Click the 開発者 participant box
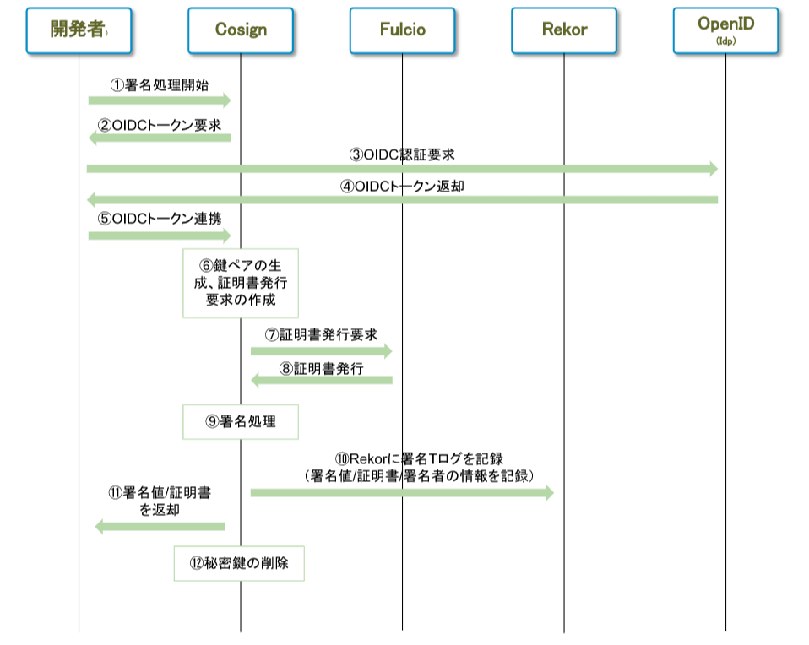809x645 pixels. (79, 30)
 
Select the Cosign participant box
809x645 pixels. (241, 30)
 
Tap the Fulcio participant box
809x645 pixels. (402, 30)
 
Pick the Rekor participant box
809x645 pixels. (564, 30)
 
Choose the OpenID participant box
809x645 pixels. (725, 30)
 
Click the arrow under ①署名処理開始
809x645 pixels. (159, 100)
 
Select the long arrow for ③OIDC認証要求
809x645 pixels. (402, 169)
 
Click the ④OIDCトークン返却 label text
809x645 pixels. (402, 186)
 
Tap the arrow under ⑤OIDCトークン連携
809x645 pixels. (159, 236)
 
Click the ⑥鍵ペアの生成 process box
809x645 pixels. (241, 283)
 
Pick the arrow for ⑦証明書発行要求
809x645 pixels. (322, 350)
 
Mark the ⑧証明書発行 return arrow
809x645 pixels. (322, 381)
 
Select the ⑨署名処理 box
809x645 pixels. (241, 421)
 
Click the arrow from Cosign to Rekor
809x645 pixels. (402, 492)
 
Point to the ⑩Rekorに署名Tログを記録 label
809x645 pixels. (420, 459)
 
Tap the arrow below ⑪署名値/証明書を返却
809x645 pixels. (160, 527)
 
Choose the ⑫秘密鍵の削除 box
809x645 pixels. (239, 563)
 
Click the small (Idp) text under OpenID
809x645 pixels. (725, 41)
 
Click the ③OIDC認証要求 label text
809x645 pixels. (402, 154)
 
